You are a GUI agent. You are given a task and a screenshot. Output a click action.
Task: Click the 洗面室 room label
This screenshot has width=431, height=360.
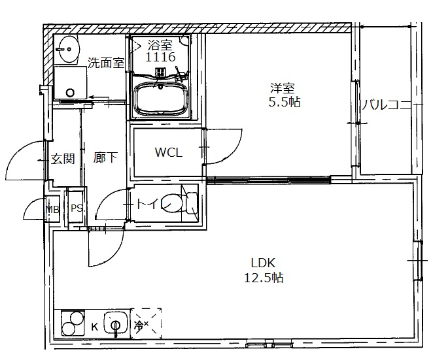[106, 63]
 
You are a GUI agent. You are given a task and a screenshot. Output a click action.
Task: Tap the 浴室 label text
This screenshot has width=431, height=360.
[161, 45]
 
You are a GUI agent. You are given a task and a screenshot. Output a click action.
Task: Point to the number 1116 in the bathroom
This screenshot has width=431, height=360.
[161, 57]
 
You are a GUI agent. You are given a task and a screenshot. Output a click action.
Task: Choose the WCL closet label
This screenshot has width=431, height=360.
[168, 153]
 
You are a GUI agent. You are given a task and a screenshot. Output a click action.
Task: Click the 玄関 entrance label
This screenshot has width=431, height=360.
[63, 158]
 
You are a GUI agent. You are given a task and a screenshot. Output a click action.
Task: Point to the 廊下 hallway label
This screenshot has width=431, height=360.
[105, 158]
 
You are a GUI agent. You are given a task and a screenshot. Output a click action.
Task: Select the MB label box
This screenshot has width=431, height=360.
[52, 209]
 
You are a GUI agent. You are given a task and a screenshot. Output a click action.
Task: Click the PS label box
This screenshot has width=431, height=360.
[77, 209]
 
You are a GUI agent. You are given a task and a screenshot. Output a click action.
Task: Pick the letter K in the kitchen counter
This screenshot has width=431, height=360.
[94, 326]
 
